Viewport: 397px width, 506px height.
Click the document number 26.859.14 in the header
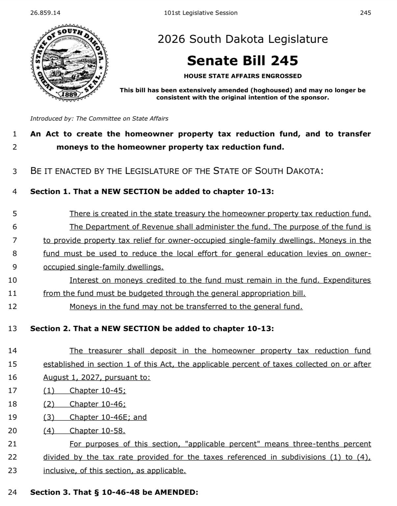click(45, 13)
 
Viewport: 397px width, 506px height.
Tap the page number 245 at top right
click(365, 13)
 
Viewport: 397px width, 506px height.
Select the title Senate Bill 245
click(243, 61)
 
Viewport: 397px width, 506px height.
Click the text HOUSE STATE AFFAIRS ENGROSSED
click(243, 76)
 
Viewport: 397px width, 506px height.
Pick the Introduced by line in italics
click(99, 119)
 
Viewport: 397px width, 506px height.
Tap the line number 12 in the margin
click(13, 307)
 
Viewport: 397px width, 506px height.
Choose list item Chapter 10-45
click(97, 391)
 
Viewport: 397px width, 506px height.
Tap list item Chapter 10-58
click(97, 431)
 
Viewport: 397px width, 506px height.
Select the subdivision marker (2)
click(49, 404)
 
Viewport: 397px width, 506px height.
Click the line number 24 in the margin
click(13, 492)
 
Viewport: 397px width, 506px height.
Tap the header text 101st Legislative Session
click(200, 13)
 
